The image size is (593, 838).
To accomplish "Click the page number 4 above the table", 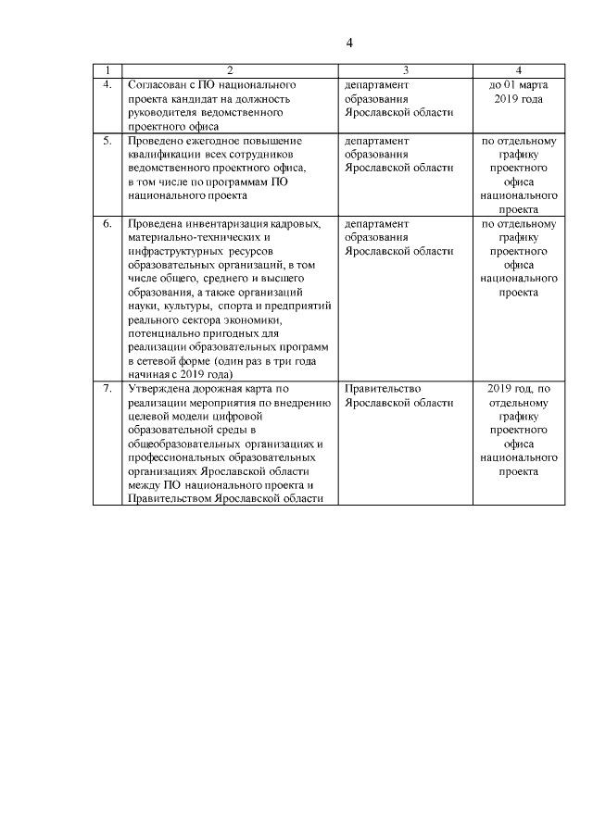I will tap(349, 44).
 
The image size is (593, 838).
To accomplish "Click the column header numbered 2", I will tap(231, 70).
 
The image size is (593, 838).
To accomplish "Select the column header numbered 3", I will tap(406, 70).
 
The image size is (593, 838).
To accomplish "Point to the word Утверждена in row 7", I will tap(159, 389).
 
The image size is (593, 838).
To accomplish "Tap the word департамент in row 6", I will tap(376, 224).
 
